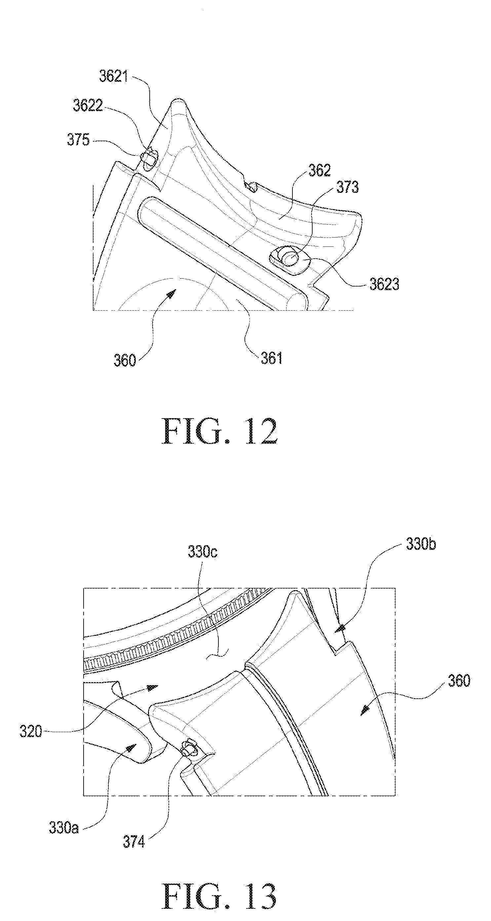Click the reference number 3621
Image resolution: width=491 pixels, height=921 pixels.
(x=113, y=77)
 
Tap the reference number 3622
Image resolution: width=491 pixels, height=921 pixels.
(x=88, y=106)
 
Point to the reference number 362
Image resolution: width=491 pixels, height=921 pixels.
(x=320, y=171)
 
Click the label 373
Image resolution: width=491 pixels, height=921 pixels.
(x=348, y=187)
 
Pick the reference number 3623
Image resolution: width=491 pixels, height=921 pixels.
(x=384, y=285)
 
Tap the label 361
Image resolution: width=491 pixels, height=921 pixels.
(x=272, y=358)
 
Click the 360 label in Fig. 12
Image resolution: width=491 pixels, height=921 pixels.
(x=125, y=360)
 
